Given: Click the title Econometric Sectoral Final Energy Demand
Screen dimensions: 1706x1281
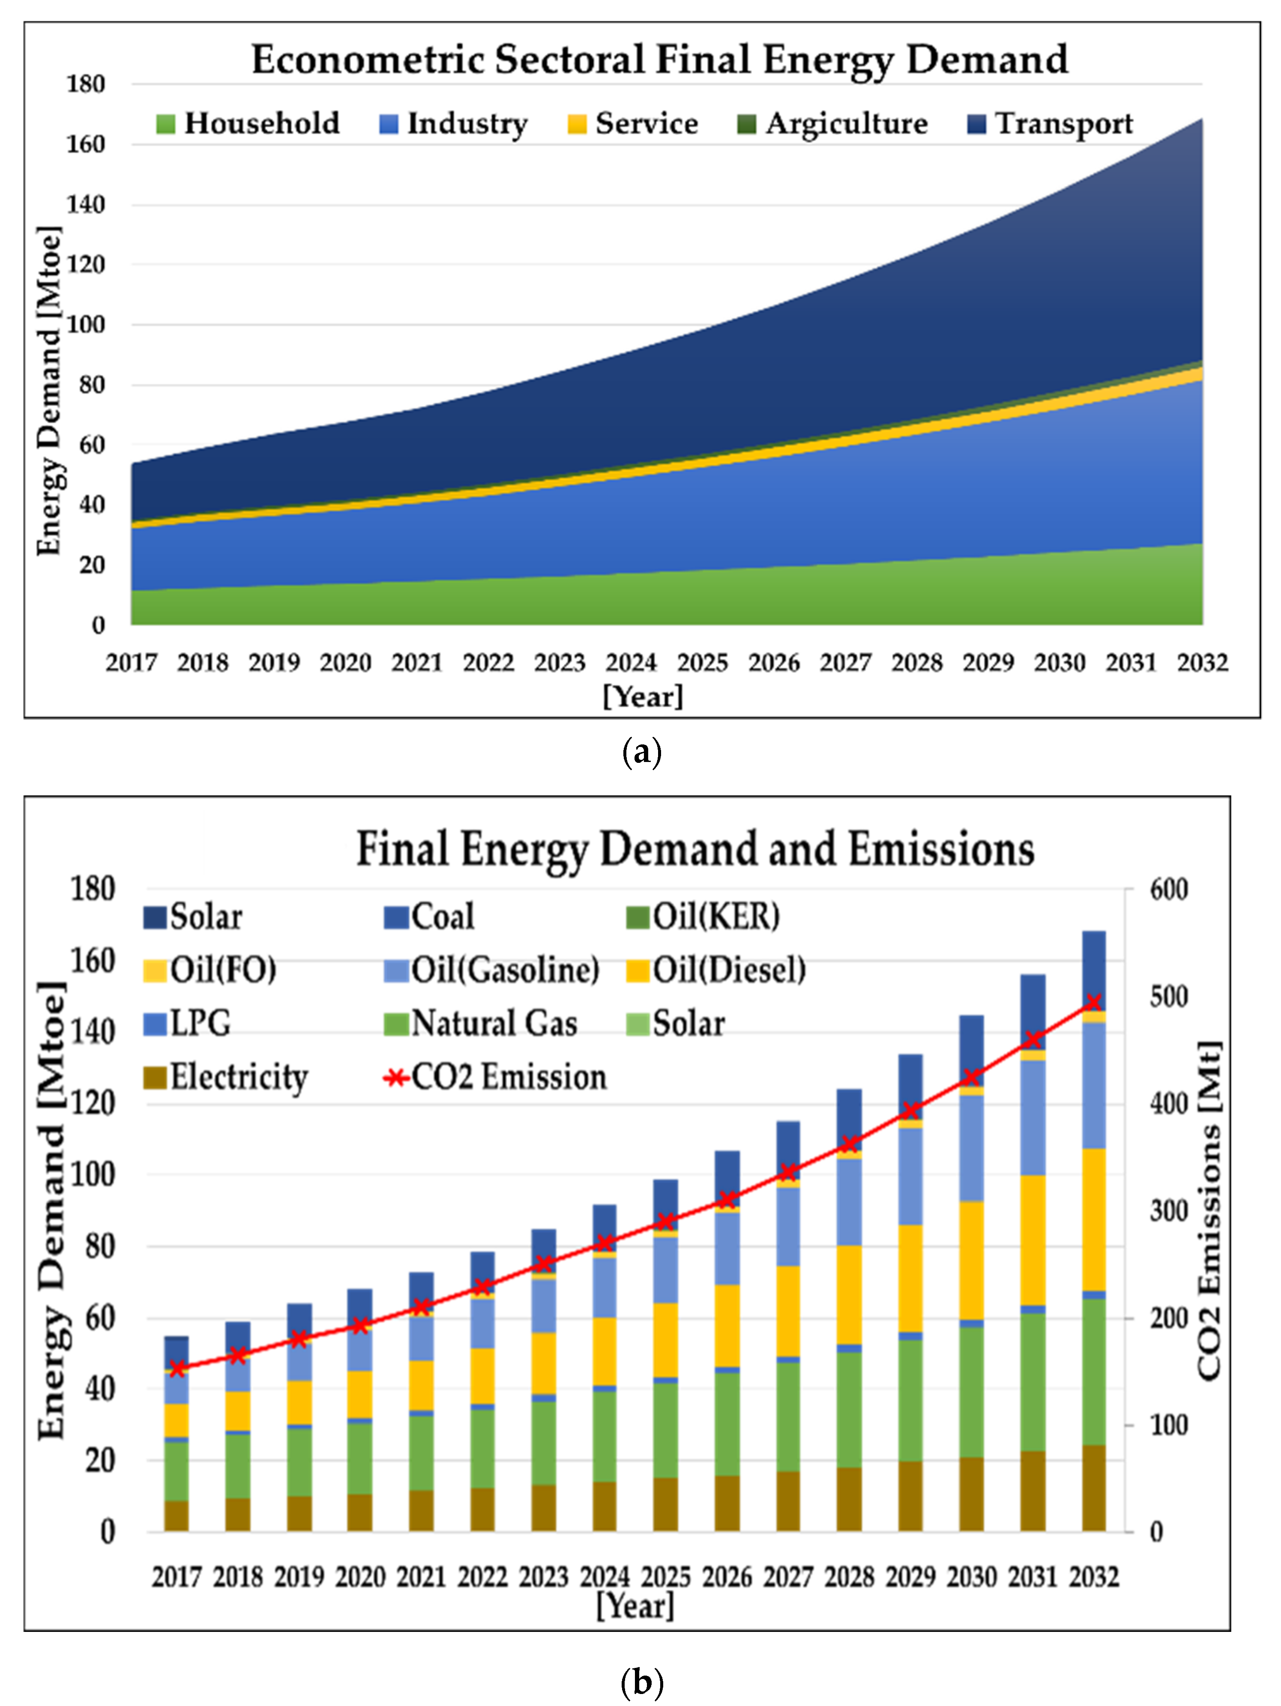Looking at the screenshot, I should point(659,60).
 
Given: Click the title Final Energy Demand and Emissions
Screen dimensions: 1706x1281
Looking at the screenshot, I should point(694,849).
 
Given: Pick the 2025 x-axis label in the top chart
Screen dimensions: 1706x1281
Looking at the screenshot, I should point(702,663).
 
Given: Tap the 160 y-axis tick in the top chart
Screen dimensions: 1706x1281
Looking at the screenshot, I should point(85,144).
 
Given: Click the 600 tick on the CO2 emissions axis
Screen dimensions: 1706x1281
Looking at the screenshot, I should point(1168,889).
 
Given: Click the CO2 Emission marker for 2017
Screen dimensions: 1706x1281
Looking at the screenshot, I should point(177,1368).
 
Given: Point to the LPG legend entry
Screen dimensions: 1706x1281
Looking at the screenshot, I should point(199,1023).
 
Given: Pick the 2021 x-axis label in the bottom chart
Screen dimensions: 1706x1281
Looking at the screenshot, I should point(421,1577).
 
